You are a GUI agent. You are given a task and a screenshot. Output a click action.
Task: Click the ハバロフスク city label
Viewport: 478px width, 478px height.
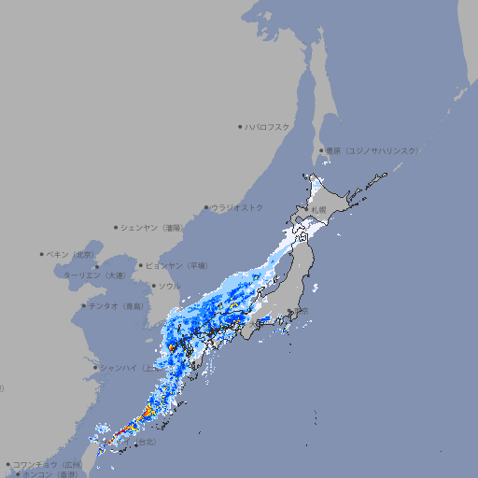268,126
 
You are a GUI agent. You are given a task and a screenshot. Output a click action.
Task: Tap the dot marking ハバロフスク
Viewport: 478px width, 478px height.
240,126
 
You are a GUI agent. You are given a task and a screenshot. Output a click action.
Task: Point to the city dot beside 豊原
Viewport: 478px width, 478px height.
321,150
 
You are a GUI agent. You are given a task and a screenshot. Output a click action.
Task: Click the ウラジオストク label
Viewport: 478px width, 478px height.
237,207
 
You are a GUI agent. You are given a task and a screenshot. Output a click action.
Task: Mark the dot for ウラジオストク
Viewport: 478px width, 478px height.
206,207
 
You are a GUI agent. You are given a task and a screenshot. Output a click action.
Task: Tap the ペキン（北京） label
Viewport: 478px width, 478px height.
72,254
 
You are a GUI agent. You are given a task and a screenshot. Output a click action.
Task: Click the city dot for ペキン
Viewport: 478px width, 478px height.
42,254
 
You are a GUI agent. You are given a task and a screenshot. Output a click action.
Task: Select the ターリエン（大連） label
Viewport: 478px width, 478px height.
94,275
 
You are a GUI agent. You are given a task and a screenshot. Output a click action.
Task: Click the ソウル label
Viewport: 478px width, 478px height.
169,286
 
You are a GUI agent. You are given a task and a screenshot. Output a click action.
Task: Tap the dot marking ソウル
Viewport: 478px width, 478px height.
153,286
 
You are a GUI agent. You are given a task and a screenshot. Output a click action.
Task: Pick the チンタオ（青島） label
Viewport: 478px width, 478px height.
117,305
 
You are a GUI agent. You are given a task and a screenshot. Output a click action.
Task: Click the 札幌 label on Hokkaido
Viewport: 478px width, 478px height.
319,210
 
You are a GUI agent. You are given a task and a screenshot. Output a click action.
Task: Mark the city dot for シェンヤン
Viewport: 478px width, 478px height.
116,227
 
